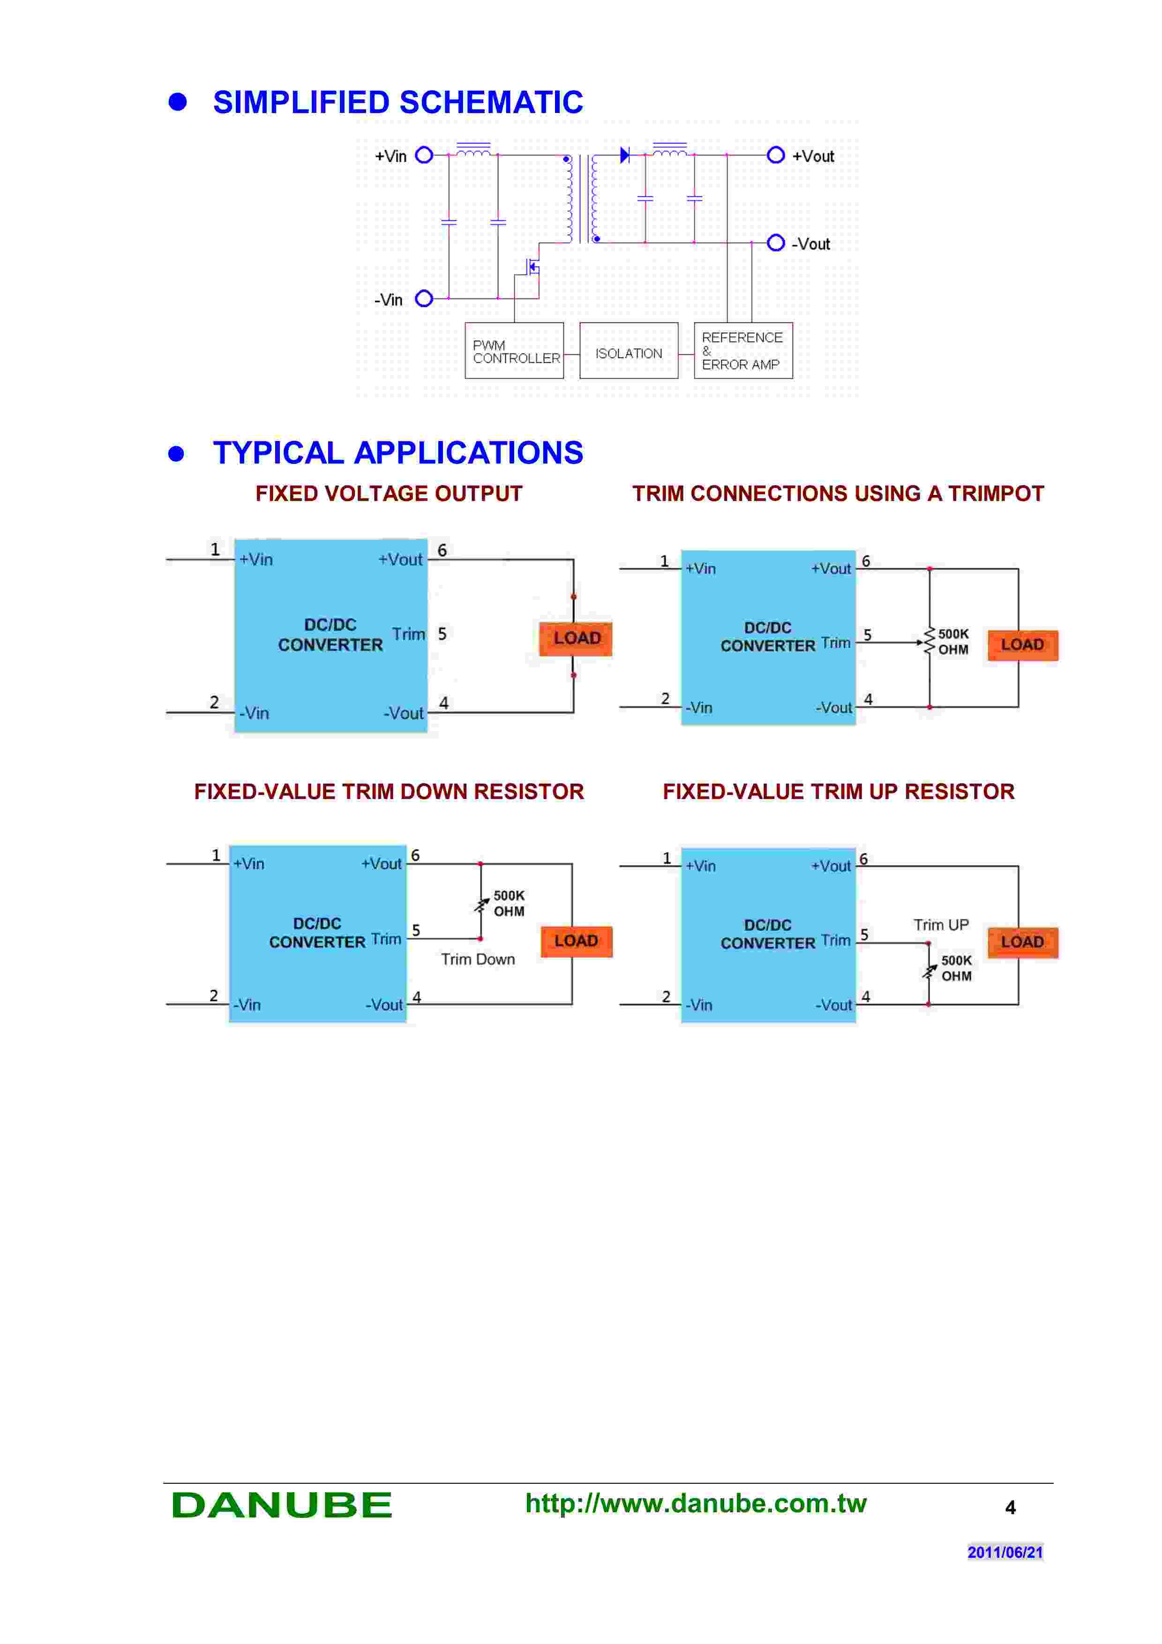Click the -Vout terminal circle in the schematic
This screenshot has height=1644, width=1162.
click(775, 243)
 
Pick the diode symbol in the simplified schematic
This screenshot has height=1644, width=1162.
click(624, 155)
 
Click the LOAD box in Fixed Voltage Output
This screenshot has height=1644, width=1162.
click(576, 638)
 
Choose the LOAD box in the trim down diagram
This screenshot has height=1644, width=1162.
click(576, 941)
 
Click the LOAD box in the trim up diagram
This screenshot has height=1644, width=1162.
click(1022, 942)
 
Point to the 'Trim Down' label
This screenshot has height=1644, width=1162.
click(478, 959)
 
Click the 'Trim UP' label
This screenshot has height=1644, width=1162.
click(941, 925)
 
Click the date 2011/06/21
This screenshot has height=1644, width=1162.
click(1005, 1552)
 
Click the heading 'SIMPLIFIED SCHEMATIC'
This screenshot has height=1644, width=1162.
click(397, 102)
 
